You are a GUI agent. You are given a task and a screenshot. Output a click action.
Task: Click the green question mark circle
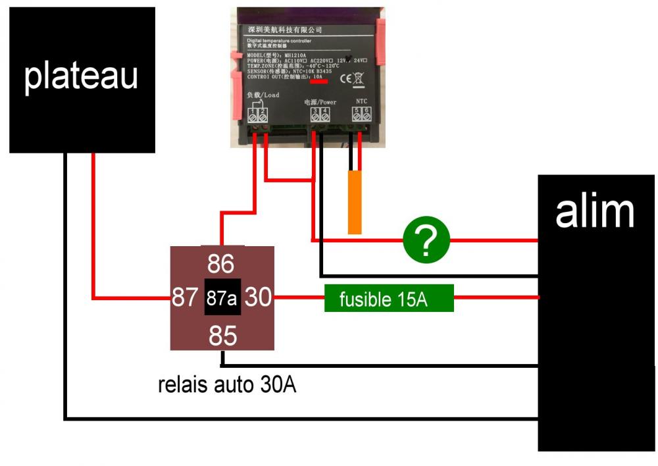(426, 240)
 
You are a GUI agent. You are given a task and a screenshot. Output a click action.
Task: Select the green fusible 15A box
(389, 299)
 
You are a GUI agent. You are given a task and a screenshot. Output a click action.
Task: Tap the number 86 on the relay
(221, 265)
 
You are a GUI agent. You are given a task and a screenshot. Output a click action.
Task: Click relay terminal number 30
(259, 298)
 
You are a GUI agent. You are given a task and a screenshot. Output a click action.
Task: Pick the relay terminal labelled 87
(185, 298)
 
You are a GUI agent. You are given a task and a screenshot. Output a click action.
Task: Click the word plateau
(81, 76)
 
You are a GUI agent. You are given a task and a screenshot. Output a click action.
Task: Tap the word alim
(594, 212)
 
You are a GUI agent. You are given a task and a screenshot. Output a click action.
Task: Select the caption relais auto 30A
(226, 384)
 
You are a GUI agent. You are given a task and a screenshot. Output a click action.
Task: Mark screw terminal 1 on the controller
(253, 115)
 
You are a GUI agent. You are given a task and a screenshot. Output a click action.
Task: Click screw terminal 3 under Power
(315, 115)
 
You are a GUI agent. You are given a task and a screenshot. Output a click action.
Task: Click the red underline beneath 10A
(319, 84)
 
